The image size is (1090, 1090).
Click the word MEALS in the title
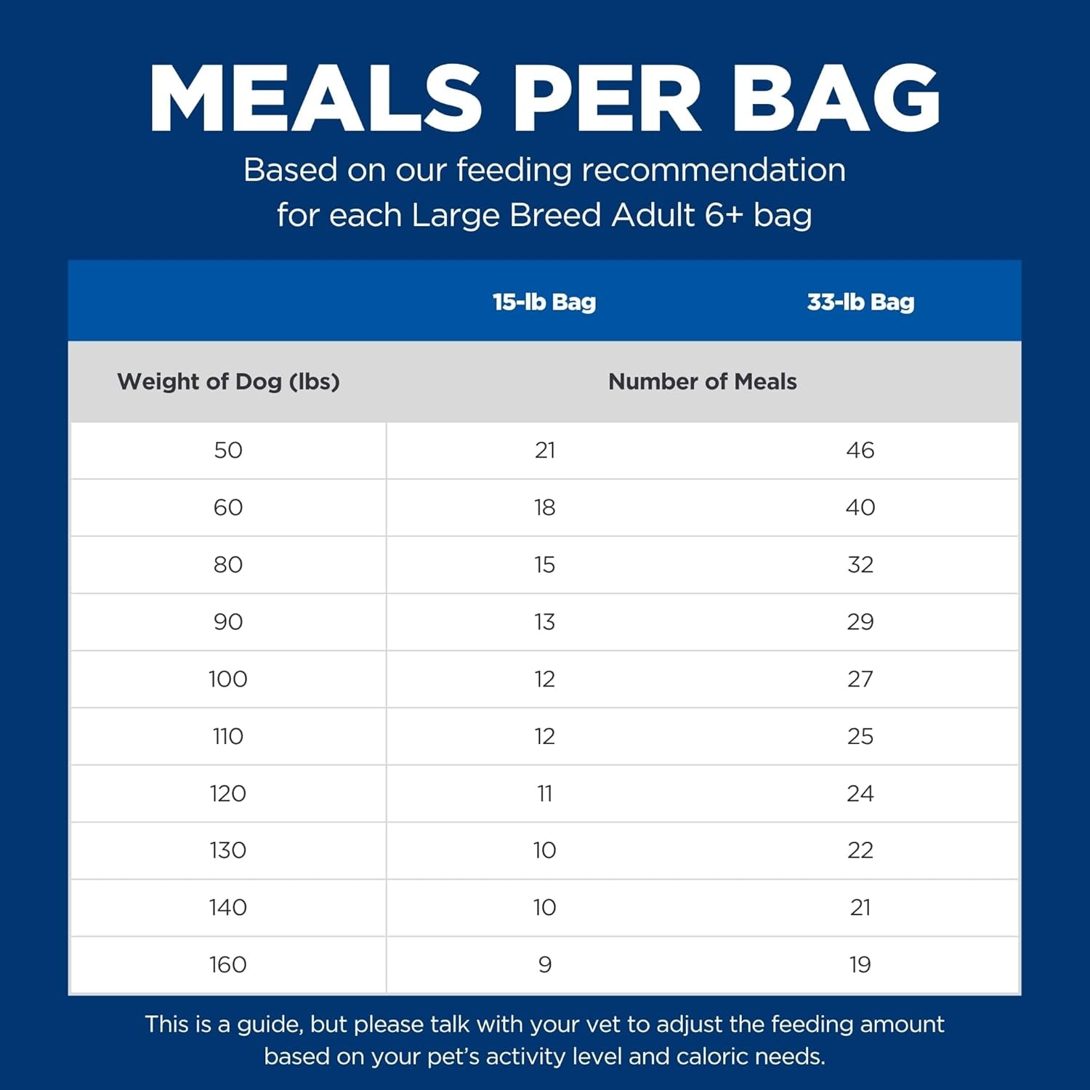[316, 98]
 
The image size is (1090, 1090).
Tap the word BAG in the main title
[836, 98]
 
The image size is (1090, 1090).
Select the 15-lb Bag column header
[544, 302]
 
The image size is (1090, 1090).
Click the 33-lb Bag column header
[860, 302]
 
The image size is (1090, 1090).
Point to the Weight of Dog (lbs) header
[228, 381]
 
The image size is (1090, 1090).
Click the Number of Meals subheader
[702, 381]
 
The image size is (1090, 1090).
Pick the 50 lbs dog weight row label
[228, 450]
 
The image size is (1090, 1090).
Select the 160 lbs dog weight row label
[228, 964]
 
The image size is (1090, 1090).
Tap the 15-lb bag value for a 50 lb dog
[545, 450]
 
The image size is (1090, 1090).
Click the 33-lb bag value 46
[860, 450]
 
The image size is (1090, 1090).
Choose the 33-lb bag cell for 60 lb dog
[860, 507]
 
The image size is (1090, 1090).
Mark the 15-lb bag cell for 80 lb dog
[545, 565]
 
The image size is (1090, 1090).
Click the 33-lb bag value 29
[860, 621]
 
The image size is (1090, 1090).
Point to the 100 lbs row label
[228, 679]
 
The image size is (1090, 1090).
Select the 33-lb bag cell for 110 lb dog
[860, 736]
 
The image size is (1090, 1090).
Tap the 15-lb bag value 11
[545, 793]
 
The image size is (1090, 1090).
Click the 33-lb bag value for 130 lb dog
[860, 850]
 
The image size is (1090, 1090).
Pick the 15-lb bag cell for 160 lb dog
[545, 964]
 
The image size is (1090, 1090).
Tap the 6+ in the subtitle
[723, 215]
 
